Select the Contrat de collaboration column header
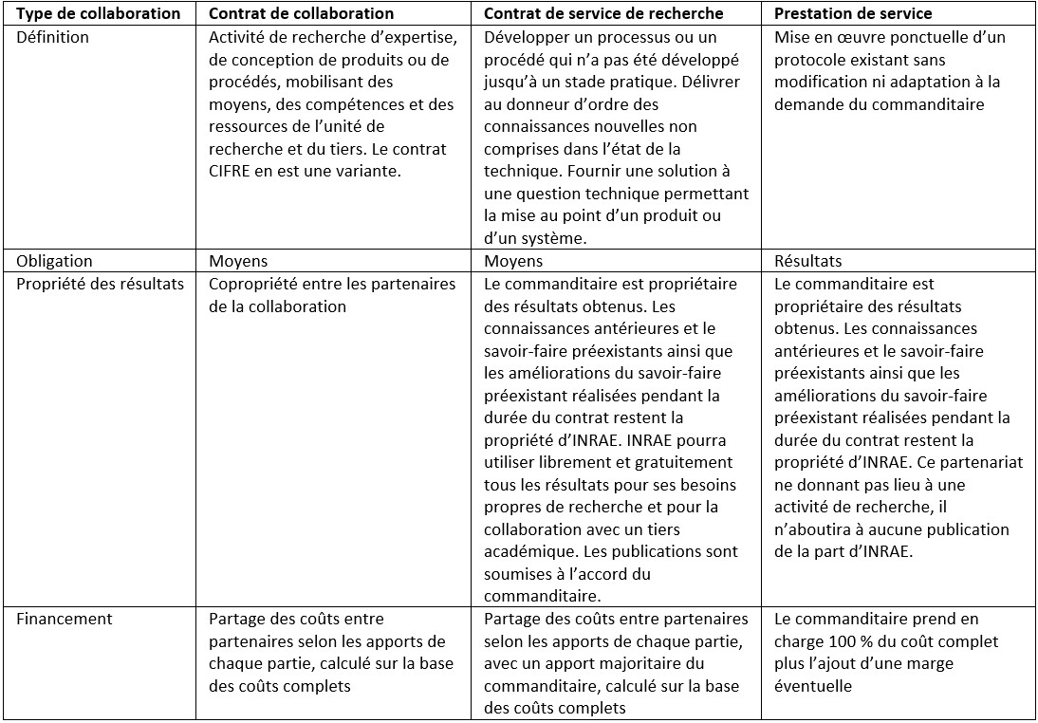301,14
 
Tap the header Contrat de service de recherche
603,14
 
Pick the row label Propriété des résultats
99,284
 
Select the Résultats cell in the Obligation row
807,261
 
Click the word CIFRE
232,172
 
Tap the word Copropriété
251,284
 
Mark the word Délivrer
721,83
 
